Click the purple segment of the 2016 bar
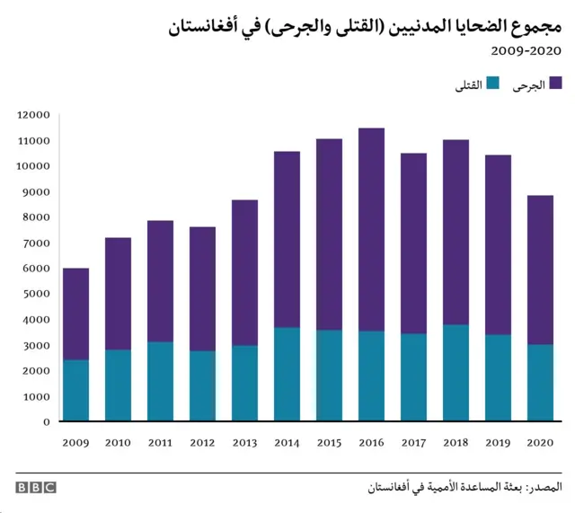click(371, 229)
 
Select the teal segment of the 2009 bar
click(75, 390)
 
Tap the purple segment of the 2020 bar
click(540, 270)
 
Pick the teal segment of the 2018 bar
click(456, 372)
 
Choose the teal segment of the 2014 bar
click(287, 374)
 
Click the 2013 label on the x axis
click(244, 442)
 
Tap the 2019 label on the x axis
click(498, 442)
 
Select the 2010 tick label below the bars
click(118, 442)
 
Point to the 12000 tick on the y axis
click(34, 115)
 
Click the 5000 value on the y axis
click(38, 294)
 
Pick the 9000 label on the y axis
click(38, 191)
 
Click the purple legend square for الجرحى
click(555, 84)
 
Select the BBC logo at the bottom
click(35, 487)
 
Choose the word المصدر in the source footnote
click(541, 487)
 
